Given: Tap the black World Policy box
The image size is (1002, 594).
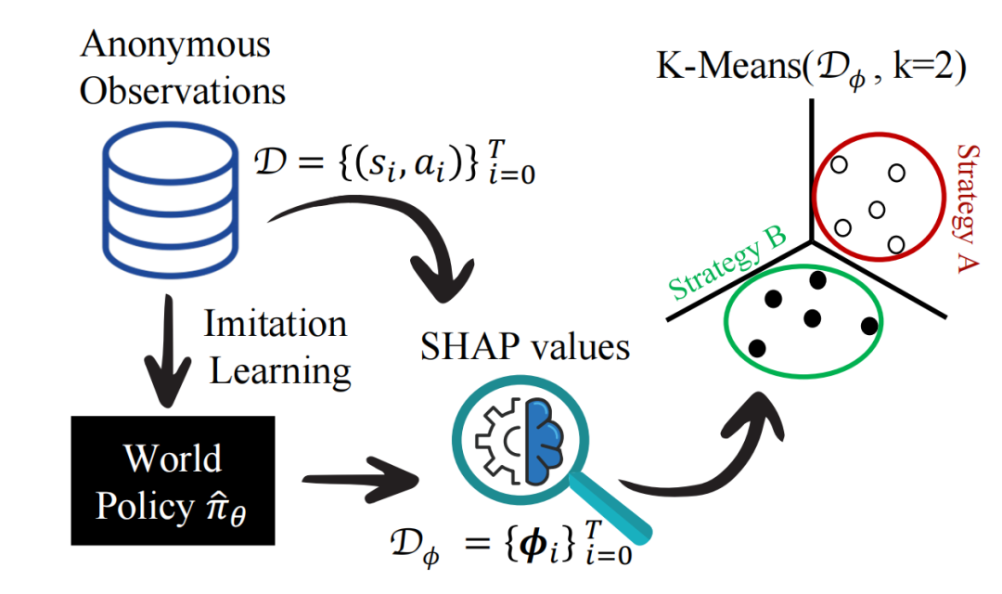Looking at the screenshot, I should coord(173,481).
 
